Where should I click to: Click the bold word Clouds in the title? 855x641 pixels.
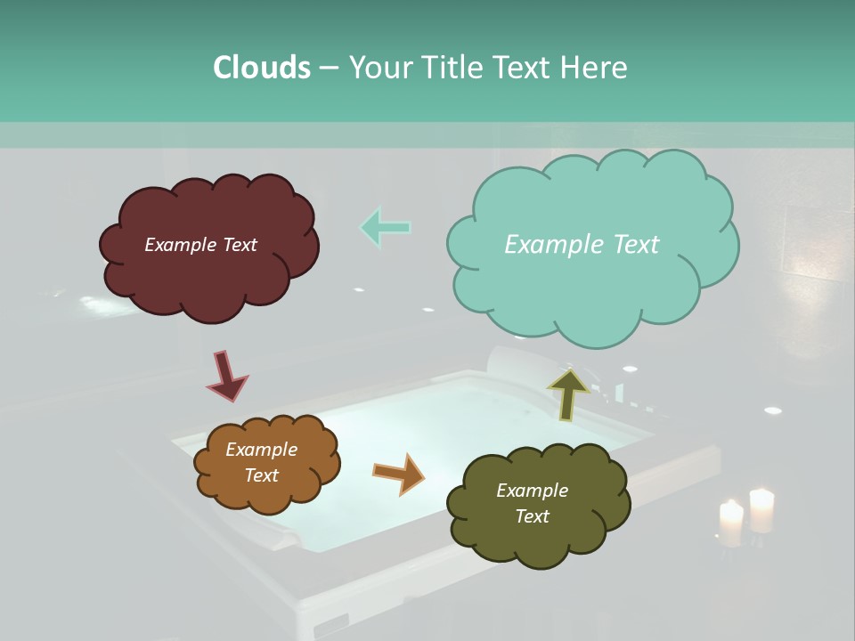click(261, 68)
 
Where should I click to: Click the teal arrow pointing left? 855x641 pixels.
click(386, 227)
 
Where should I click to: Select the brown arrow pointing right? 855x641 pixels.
click(399, 473)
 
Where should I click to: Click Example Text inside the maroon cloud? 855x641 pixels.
click(200, 245)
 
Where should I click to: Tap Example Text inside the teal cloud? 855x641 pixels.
click(582, 245)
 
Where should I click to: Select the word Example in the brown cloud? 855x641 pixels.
click(261, 450)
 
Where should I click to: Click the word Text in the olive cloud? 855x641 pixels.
click(532, 516)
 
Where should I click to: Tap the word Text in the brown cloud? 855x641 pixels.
click(261, 475)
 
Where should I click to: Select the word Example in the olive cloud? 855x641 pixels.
click(532, 491)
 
